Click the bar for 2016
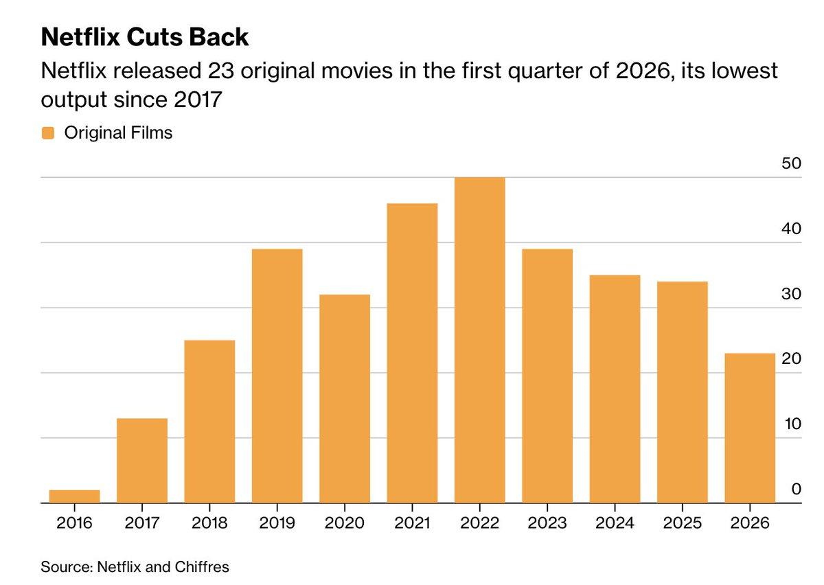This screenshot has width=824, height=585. tap(74, 496)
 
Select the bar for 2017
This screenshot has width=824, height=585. tap(142, 461)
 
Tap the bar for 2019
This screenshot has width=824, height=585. tap(277, 376)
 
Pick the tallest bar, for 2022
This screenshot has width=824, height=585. tap(479, 341)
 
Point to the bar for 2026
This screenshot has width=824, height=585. tap(750, 428)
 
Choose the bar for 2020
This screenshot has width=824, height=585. tap(345, 399)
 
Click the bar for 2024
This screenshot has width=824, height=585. tap(615, 389)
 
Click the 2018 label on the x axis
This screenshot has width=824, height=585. tap(209, 523)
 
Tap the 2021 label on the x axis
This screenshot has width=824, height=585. tap(412, 523)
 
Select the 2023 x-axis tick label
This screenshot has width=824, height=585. tap(547, 523)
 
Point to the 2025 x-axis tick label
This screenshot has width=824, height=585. tap(682, 523)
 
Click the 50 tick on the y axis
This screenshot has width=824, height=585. tap(791, 164)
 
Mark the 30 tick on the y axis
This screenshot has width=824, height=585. tap(791, 295)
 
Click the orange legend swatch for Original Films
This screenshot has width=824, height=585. tap(48, 133)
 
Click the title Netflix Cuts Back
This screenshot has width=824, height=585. tap(145, 38)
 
